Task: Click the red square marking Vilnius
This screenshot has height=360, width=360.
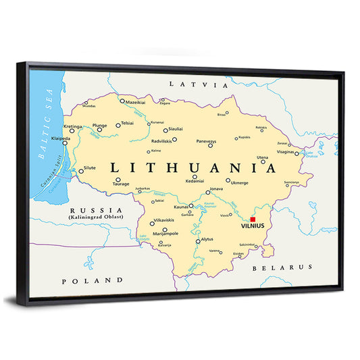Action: click(x=253, y=220)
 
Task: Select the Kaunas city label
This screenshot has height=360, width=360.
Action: click(x=181, y=207)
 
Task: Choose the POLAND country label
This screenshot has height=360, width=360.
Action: click(x=93, y=280)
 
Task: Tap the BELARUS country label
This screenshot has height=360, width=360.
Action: click(x=282, y=267)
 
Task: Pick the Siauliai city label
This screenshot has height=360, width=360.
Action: click(x=175, y=128)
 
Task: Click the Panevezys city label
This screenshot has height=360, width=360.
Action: click(x=207, y=141)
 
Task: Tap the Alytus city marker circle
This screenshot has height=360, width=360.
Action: click(x=198, y=240)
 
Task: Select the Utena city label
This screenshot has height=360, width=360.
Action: click(x=262, y=157)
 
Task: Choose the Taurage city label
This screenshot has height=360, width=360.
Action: click(x=122, y=183)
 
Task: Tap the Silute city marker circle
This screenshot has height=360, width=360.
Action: click(x=81, y=171)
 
